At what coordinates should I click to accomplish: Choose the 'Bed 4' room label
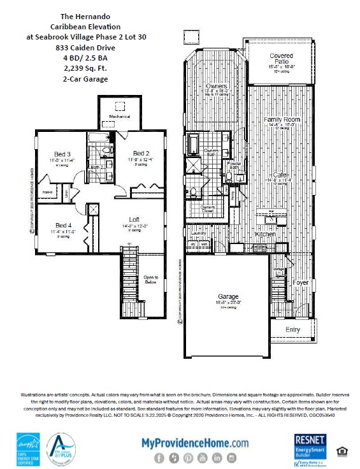pyautogui.click(x=63, y=225)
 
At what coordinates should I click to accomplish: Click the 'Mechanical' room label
pyautogui.click(x=120, y=118)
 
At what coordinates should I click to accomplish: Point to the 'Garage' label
pyautogui.click(x=227, y=296)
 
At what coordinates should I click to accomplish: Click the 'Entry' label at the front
pyautogui.click(x=292, y=329)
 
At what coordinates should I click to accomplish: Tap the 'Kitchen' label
pyautogui.click(x=265, y=234)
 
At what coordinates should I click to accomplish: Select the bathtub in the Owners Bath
pyautogui.click(x=193, y=144)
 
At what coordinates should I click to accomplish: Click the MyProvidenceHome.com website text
pyautogui.click(x=195, y=442)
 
